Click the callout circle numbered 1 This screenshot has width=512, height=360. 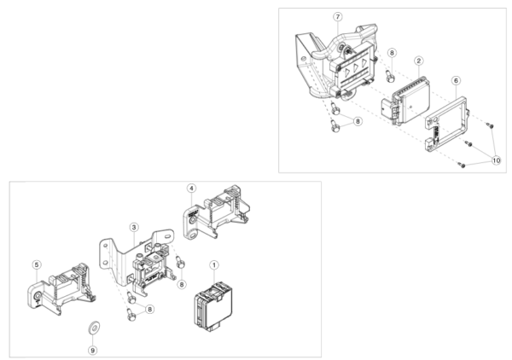point(214,265)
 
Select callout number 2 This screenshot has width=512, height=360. point(419,61)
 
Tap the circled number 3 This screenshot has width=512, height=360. point(134,227)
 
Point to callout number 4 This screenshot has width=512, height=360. point(192,189)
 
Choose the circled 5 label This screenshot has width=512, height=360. point(37,264)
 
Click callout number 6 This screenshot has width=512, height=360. point(457,81)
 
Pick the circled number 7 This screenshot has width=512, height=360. point(338,17)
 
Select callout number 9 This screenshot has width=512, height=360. point(93,351)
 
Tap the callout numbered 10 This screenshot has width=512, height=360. point(496,160)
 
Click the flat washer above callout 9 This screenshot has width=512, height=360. point(94,327)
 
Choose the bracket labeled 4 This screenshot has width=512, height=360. point(216,212)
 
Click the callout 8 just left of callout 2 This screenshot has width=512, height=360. point(392,53)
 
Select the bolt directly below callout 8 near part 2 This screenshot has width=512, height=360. point(390,77)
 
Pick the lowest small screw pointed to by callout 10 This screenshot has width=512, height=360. point(461,165)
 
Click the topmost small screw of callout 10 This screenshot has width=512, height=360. point(490,125)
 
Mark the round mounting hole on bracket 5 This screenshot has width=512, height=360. point(38,296)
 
